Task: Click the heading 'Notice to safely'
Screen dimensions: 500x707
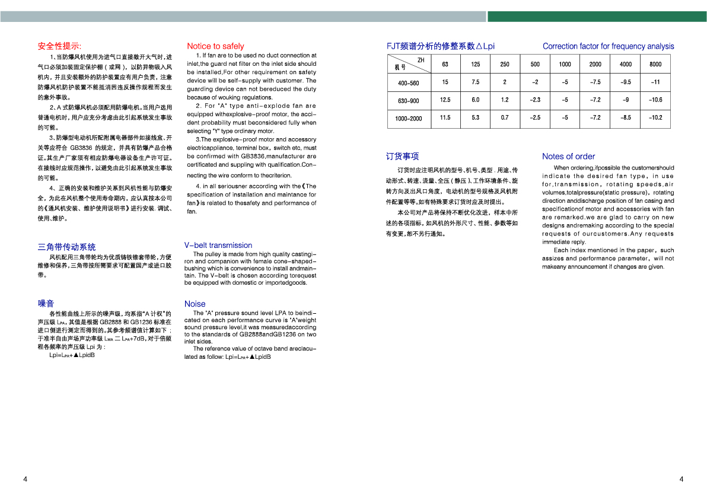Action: (x=215, y=46)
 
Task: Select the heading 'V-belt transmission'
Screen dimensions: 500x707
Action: (x=218, y=245)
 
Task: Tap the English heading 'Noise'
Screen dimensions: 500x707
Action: (x=195, y=304)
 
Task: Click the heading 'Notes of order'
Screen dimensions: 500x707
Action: (x=568, y=157)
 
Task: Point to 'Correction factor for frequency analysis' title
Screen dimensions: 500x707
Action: (x=608, y=46)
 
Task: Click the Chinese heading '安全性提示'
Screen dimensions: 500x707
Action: (x=59, y=46)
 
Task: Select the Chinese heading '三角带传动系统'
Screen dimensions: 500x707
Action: (x=66, y=247)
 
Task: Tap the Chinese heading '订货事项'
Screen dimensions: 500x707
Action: (x=402, y=157)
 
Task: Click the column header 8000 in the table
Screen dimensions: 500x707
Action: (x=655, y=65)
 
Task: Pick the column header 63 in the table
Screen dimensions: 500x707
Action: (x=445, y=65)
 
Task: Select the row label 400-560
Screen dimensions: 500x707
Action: (x=408, y=83)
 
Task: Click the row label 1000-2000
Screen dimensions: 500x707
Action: (x=408, y=119)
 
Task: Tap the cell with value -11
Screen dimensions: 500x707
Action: (x=655, y=82)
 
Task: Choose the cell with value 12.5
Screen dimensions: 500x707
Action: (x=445, y=100)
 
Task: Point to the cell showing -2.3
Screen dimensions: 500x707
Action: (x=534, y=100)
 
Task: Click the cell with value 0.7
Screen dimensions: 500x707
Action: (x=504, y=118)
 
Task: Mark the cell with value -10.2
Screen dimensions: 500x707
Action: (x=655, y=118)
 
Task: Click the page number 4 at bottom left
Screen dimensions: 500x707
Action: (x=25, y=479)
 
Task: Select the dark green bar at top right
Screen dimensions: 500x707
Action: (x=597, y=17)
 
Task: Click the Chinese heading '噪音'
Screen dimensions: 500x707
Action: (x=46, y=304)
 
